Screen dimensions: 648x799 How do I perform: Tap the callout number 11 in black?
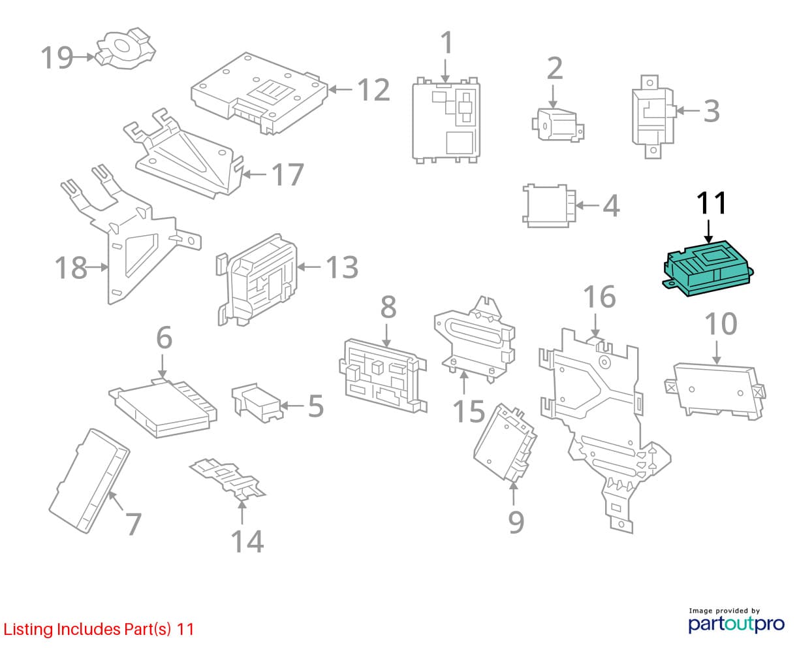(711, 203)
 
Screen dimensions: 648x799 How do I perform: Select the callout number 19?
(56, 57)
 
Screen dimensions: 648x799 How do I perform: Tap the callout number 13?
(342, 267)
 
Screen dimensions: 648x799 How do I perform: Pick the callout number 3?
(711, 111)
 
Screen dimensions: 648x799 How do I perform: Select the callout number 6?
(164, 338)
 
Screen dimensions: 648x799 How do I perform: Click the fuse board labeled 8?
(383, 378)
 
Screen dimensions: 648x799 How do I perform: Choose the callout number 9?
(516, 521)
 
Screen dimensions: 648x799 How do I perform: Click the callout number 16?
(599, 297)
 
